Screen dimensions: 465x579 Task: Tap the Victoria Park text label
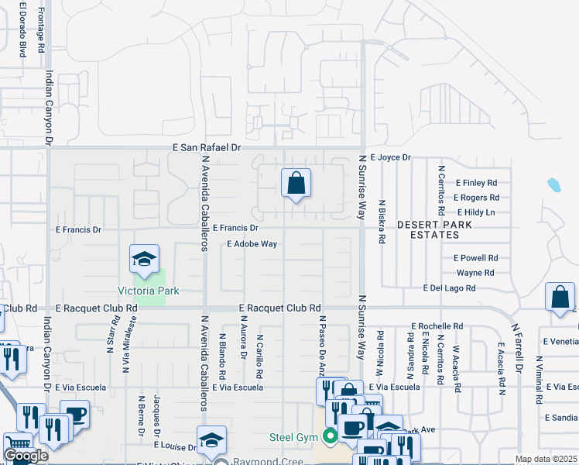[x=148, y=291]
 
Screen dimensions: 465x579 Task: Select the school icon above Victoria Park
[x=142, y=260]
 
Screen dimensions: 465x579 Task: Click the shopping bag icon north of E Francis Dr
[x=296, y=184]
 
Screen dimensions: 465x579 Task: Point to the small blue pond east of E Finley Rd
[x=553, y=184]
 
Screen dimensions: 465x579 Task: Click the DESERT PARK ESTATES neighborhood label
[x=433, y=229]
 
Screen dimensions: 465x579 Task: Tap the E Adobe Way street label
[x=252, y=243]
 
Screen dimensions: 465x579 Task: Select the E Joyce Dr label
[x=390, y=157]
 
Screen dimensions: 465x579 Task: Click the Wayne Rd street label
[x=475, y=273]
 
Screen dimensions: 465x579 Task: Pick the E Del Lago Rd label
[x=449, y=288]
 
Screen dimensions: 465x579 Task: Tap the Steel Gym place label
[x=293, y=437]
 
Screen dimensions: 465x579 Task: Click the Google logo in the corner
[x=26, y=456]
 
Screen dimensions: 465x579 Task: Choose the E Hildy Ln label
[x=476, y=212]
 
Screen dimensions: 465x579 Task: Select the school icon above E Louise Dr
[x=211, y=441]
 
